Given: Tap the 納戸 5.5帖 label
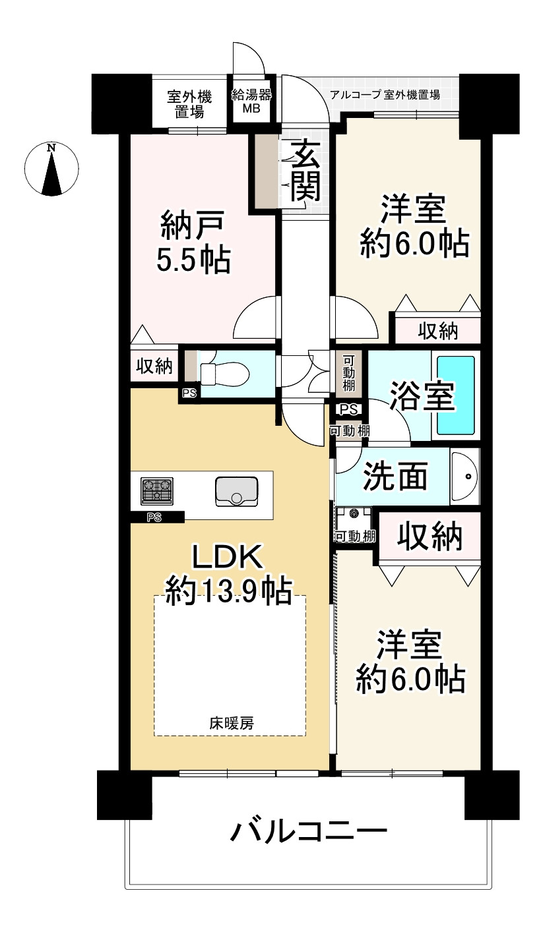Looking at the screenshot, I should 193,243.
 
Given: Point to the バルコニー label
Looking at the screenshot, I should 307,832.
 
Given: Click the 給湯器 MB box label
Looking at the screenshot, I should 251,102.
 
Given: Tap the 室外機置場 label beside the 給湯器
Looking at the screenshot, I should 189,104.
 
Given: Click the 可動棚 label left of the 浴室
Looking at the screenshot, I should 348,373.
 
